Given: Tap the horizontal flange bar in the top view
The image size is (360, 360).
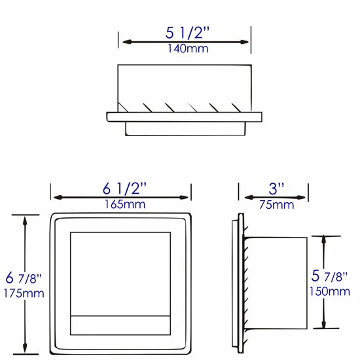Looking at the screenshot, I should [184, 117].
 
